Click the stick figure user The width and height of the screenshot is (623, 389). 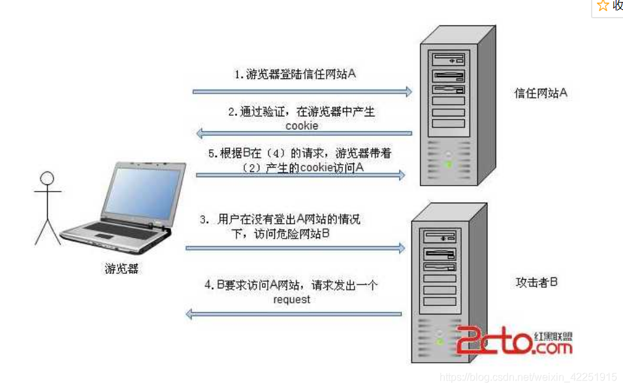click(x=47, y=207)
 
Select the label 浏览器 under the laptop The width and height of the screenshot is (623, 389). click(x=121, y=268)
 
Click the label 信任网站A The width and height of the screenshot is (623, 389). click(x=541, y=93)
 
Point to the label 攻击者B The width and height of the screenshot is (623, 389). click(x=537, y=282)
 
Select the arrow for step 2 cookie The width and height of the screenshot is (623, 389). click(x=304, y=133)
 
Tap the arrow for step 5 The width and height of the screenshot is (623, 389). click(x=301, y=175)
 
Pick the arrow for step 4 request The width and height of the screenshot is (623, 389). click(x=293, y=314)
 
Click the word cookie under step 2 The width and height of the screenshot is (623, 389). click(x=302, y=126)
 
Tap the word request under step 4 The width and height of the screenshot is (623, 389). click(x=292, y=300)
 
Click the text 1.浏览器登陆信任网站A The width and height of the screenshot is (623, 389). click(x=295, y=74)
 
